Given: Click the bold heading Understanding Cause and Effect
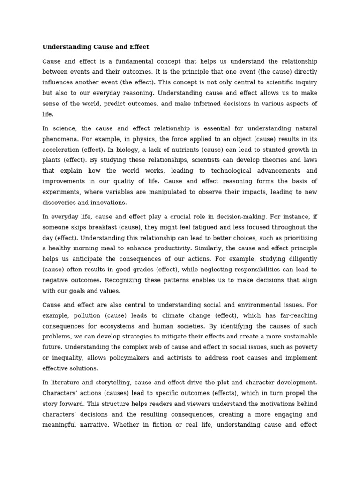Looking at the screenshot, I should pyautogui.click(x=96, y=47).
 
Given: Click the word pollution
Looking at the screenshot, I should pyautogui.click(x=88, y=315).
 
